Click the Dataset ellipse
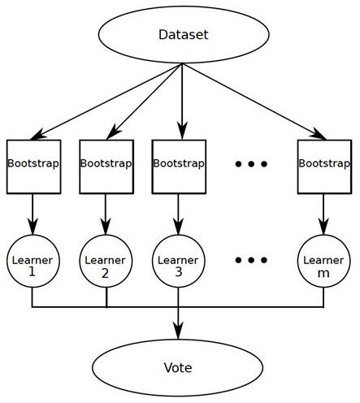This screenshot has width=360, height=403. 183,36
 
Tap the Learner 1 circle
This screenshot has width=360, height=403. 33,265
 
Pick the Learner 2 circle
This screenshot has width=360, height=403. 106,265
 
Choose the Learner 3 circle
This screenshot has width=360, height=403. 179,265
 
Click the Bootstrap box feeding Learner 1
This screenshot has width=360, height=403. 33,165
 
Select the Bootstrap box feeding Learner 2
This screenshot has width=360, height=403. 106,165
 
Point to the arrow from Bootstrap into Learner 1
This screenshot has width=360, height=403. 33,214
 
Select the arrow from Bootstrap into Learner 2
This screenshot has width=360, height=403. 106,214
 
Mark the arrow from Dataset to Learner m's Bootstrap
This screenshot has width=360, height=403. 252,99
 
